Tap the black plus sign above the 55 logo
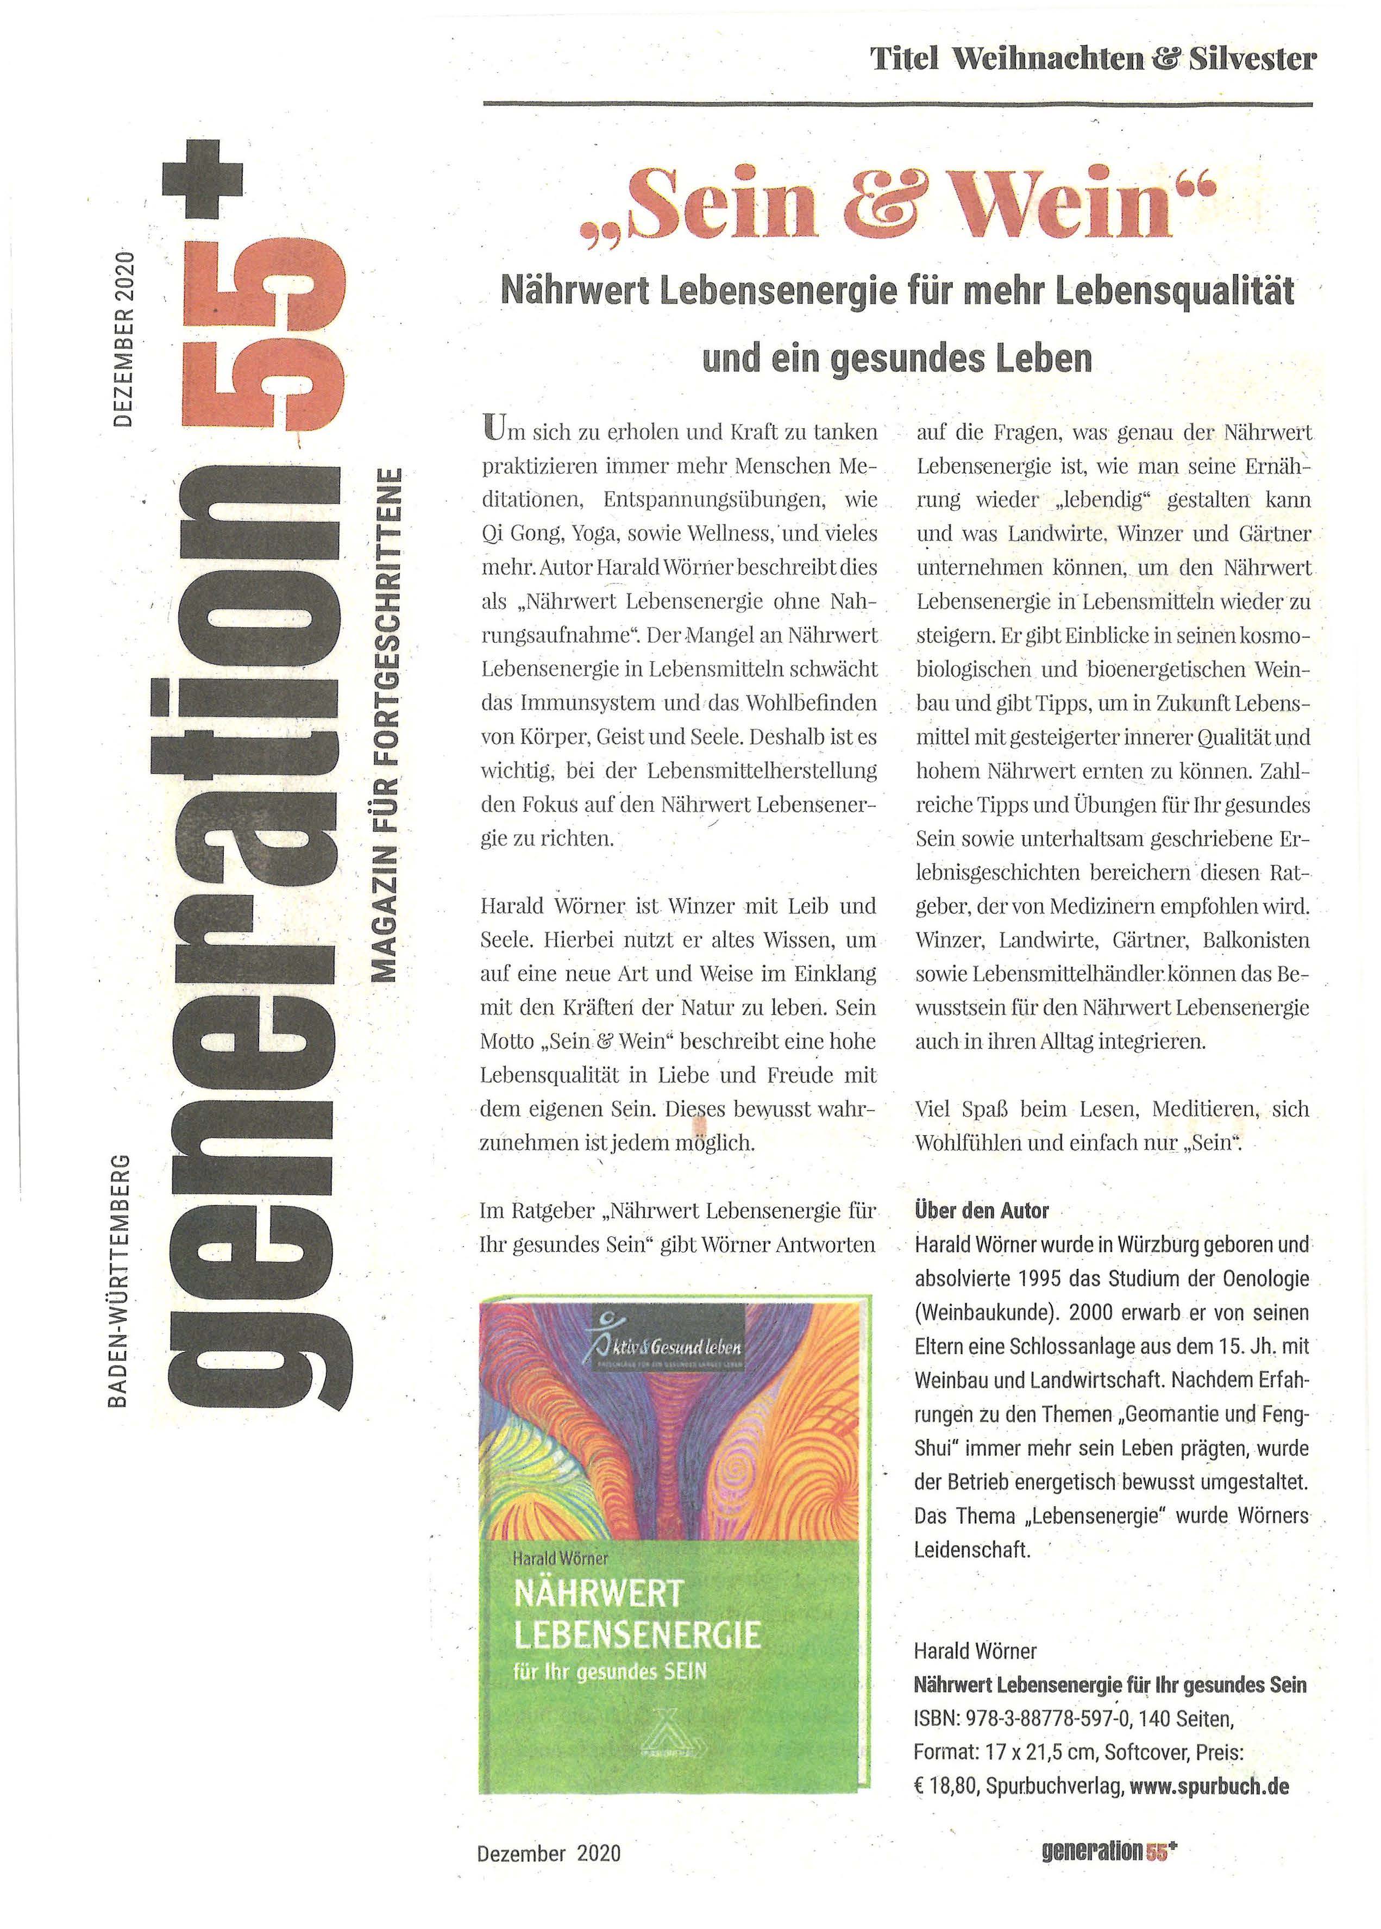pyautogui.click(x=203, y=179)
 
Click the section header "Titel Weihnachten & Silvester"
pyautogui.click(x=1093, y=60)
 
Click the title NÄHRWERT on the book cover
pyautogui.click(x=599, y=1593)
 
